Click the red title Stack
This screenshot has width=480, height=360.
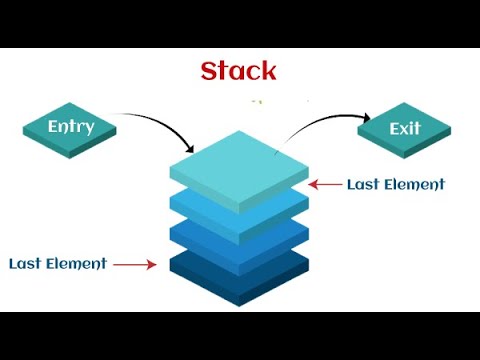tap(238, 71)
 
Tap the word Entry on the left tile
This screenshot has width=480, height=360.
tap(71, 127)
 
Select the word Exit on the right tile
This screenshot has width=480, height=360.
tap(406, 128)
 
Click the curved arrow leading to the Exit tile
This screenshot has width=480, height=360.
tap(310, 125)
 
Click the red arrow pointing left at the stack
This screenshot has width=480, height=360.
tap(324, 184)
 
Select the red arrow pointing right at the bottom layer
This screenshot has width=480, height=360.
tap(135, 265)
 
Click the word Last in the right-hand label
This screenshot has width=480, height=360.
tap(362, 184)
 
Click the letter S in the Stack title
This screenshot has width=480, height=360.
tap(209, 71)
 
